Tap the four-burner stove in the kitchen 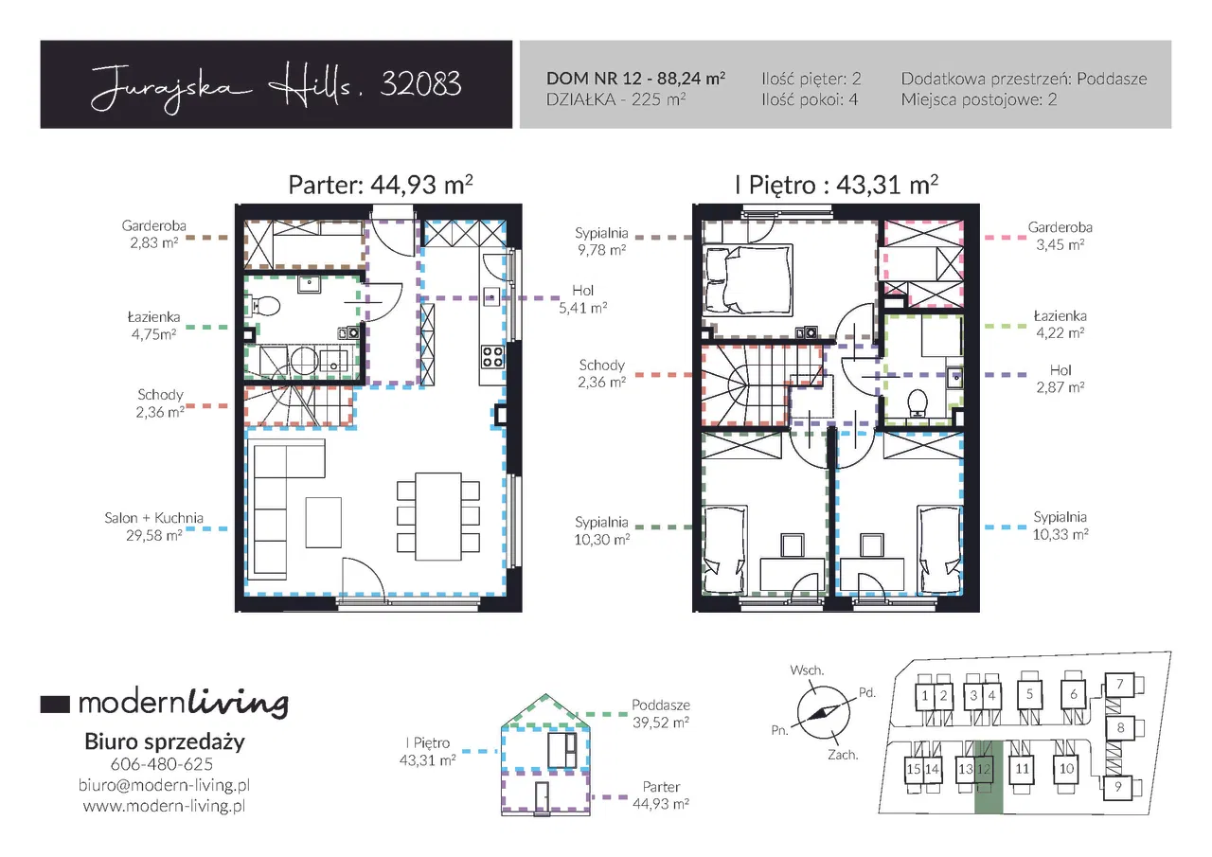492,357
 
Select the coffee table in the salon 324,523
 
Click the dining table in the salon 438,517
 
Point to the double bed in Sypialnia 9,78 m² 748,279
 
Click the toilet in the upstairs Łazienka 918,403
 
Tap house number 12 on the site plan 984,769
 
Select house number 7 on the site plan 1119,685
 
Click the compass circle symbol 823,712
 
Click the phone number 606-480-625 162,764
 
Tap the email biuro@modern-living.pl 164,785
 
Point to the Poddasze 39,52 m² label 661,714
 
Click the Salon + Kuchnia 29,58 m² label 153,527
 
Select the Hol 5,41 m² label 582,299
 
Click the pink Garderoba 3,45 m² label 1060,236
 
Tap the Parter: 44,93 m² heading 381,185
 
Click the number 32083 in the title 421,84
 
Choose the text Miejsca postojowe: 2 979,99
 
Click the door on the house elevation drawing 542,797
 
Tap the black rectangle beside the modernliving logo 55,704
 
